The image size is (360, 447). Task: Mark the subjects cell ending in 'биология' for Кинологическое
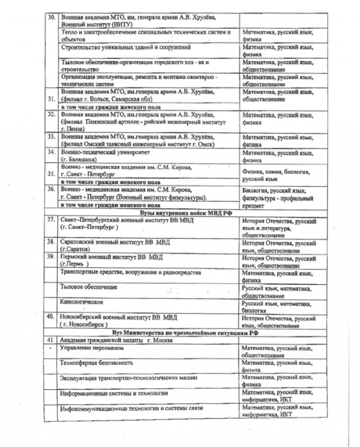[x=277, y=306]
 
